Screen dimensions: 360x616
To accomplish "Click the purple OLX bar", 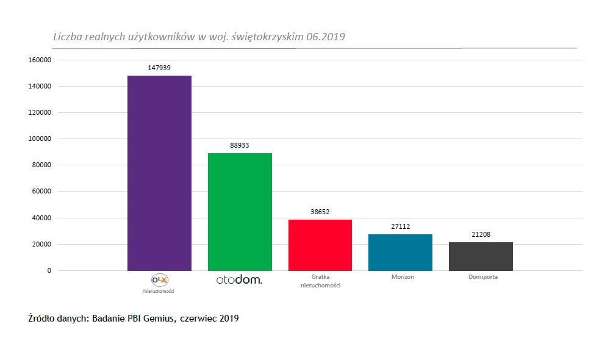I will tap(159, 173).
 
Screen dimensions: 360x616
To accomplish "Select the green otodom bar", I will tap(240, 211).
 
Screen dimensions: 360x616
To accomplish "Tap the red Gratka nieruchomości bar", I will tap(320, 245).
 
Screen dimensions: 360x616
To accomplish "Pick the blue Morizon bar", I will tap(401, 252).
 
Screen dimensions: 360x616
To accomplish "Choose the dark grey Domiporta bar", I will tap(481, 256).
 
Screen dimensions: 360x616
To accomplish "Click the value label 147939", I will tap(159, 68).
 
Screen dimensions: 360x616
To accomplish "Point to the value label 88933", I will tap(240, 145).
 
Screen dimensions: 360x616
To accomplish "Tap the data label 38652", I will tap(320, 212).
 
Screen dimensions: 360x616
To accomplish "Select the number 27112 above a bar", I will tap(400, 226).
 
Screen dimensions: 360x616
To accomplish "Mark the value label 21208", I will tap(481, 235).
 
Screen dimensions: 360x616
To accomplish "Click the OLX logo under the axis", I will tap(159, 279).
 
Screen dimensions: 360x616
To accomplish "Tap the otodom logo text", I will tap(240, 280).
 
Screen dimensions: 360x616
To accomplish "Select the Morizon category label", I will tap(403, 277).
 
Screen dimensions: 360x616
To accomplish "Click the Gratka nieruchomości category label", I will tap(320, 281).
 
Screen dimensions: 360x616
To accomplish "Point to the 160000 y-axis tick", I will tap(38, 60).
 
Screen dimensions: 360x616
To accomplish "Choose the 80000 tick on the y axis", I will tap(40, 165).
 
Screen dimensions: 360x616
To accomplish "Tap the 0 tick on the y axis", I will tap(49, 270).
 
